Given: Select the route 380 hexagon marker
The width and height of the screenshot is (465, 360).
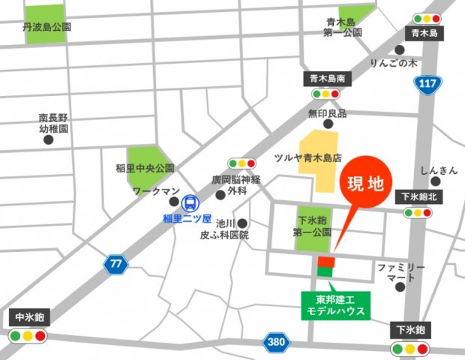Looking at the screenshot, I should pyautogui.click(x=276, y=342).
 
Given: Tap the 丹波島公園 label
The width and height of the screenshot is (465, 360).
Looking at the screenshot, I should pyautogui.click(x=47, y=26).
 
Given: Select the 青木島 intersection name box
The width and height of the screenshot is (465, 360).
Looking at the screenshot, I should pyautogui.click(x=424, y=34).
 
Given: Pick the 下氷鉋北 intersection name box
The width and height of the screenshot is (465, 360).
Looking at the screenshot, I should pyautogui.click(x=415, y=197).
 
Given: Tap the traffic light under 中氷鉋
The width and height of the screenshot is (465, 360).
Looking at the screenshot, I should pyautogui.click(x=28, y=335).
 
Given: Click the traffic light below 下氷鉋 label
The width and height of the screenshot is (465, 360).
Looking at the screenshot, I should pyautogui.click(x=409, y=348).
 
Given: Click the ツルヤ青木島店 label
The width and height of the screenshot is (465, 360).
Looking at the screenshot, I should pyautogui.click(x=307, y=159).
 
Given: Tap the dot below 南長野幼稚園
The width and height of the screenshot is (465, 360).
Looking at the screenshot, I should pyautogui.click(x=49, y=140).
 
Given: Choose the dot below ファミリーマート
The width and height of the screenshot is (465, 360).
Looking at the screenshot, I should pyautogui.click(x=401, y=286).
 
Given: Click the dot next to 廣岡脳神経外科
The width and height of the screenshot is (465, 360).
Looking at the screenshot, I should pyautogui.click(x=220, y=195).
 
